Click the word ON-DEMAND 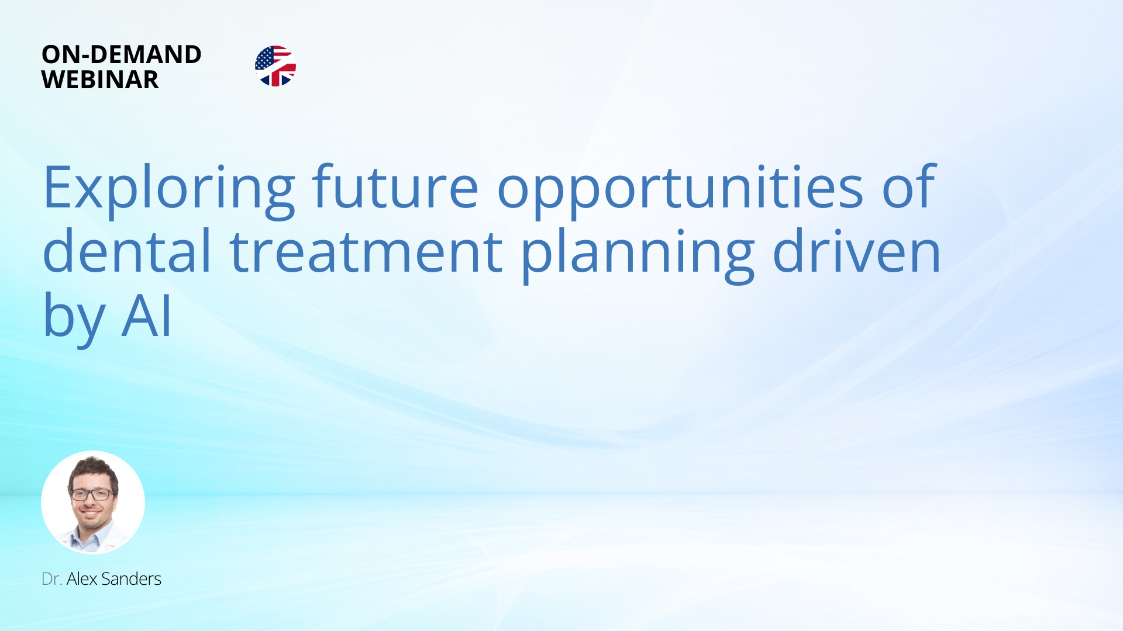(x=122, y=54)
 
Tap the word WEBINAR (x=100, y=79)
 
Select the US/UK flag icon (x=275, y=66)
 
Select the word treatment (x=366, y=252)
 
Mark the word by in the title (x=74, y=317)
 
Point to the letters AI (x=146, y=316)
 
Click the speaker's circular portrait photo (x=93, y=502)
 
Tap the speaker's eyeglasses (x=92, y=494)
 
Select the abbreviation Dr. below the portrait (x=51, y=579)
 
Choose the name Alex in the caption (x=82, y=579)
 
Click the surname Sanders (x=131, y=579)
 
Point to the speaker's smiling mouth (x=90, y=514)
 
